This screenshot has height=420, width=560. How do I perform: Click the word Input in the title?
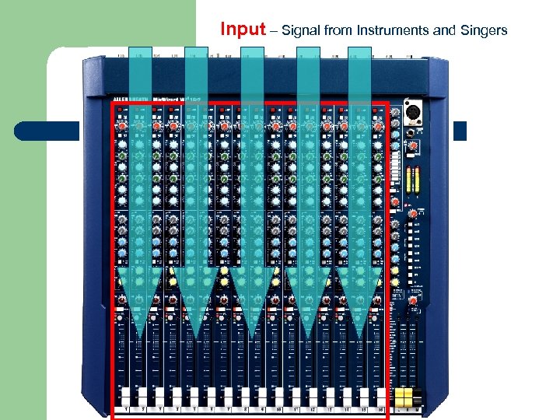click(x=242, y=30)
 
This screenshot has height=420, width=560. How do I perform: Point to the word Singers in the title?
click(x=482, y=31)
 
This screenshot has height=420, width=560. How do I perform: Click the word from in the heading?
click(x=339, y=31)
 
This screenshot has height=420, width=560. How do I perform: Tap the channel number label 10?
click(x=279, y=408)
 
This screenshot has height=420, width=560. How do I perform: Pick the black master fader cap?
click(x=417, y=395)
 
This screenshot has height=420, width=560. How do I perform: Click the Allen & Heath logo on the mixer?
click(x=132, y=100)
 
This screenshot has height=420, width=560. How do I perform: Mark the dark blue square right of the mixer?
click(x=459, y=131)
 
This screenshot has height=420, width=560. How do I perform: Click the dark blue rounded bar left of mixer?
click(x=47, y=131)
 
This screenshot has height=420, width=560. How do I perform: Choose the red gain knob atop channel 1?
click(x=124, y=126)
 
